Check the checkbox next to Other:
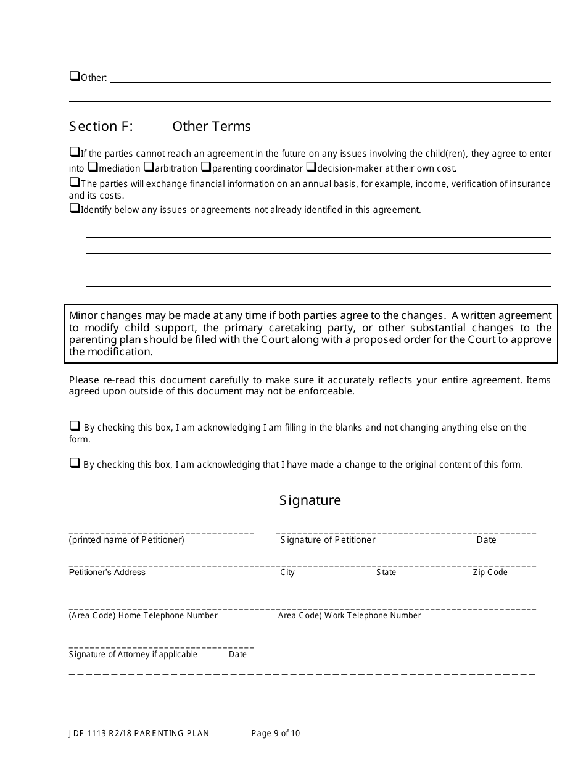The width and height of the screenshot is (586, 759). coord(74,77)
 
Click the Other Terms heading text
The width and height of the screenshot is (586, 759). coord(212,126)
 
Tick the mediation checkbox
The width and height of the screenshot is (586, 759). coord(93,167)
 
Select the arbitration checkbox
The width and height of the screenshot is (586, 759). coord(149,167)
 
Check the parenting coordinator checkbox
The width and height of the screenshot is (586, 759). coord(206,167)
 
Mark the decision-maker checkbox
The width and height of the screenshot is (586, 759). coord(312,167)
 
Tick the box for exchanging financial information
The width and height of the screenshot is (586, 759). coord(74,182)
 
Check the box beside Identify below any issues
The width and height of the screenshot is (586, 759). coord(74,209)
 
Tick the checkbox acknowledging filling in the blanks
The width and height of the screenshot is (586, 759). coord(74,426)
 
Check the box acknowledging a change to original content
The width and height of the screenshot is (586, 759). coord(74,463)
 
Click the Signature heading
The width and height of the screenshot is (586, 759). coord(310,500)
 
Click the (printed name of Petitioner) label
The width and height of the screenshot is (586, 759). coord(126,540)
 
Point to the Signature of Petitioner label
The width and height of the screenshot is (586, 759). coord(328,540)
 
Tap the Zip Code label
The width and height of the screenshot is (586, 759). coord(490,572)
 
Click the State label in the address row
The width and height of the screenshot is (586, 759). coord(386,572)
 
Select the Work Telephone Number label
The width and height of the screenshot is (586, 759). coord(349,615)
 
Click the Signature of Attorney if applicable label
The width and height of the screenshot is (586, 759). coord(133,654)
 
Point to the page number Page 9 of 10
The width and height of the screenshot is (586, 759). coord(276,733)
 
